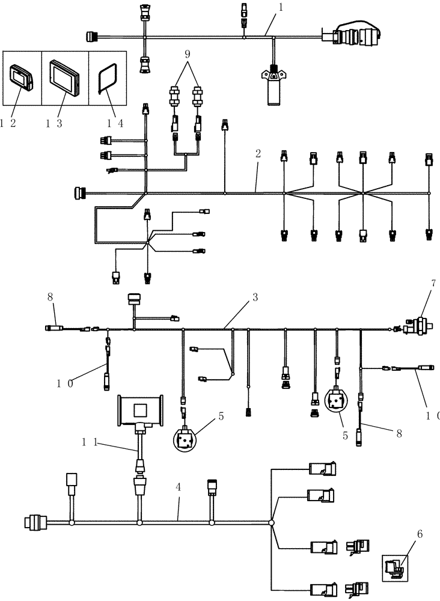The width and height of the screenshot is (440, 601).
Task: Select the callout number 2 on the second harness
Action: (x=258, y=154)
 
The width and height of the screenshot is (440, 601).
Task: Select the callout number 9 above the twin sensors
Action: (x=188, y=53)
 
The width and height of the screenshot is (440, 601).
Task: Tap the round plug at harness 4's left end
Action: (x=34, y=523)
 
